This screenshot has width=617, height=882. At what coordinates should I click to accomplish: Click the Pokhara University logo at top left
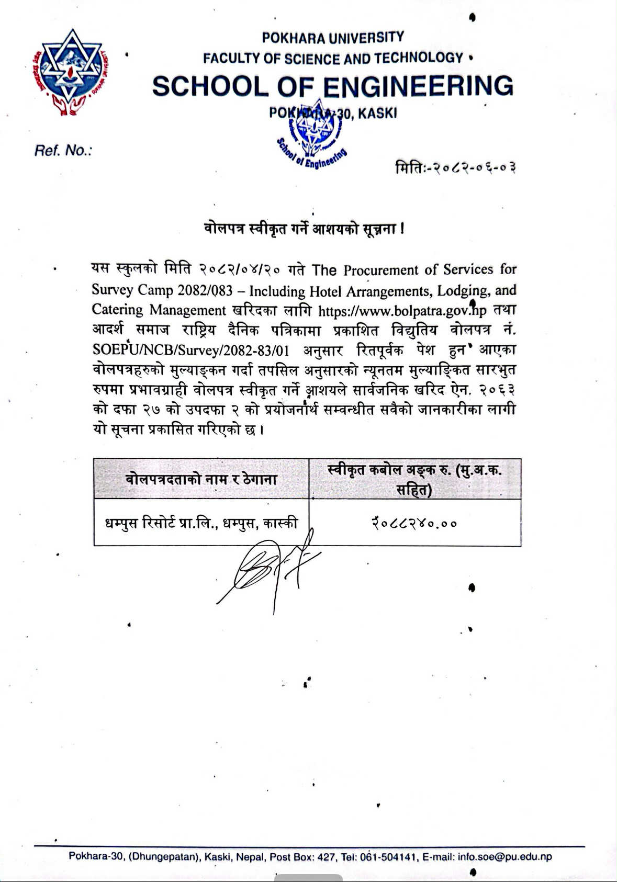(71, 72)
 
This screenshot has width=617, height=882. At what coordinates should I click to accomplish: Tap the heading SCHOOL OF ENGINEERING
(333, 86)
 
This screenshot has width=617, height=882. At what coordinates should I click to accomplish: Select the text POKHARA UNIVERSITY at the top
(333, 38)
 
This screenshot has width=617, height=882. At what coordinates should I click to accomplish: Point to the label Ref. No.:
(63, 151)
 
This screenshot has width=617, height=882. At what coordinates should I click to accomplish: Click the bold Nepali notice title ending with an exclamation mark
(304, 229)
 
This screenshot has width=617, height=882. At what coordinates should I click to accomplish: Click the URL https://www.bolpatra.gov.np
(402, 311)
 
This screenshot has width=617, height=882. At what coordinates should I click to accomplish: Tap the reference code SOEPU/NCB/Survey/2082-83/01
(190, 350)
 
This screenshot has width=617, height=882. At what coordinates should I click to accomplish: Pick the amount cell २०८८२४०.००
(414, 523)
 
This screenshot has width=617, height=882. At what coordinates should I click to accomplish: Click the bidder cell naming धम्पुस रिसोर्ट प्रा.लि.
(201, 523)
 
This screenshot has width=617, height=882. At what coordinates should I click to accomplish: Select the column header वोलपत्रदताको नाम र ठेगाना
(201, 479)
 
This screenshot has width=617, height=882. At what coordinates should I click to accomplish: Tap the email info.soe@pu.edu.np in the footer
(504, 857)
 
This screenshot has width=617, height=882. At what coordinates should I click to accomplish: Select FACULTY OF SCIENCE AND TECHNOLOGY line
(333, 58)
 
